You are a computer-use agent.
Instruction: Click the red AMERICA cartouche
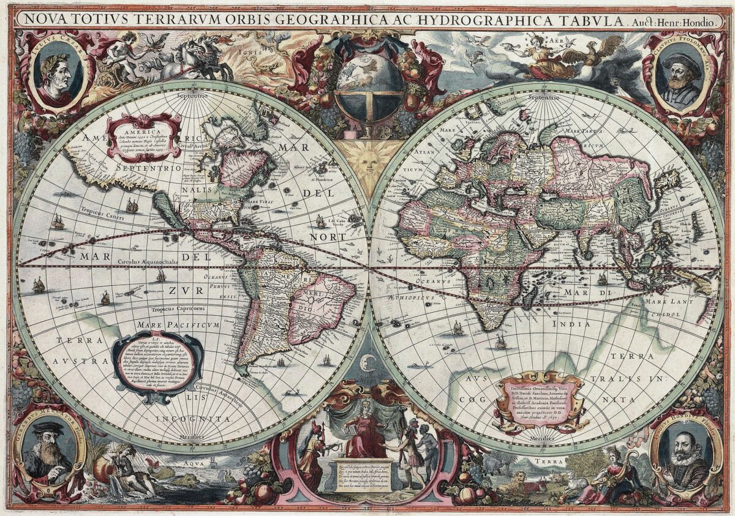coord(144,138)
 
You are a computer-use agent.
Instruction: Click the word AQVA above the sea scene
coord(186,465)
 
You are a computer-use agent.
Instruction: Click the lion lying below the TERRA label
coord(513,481)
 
